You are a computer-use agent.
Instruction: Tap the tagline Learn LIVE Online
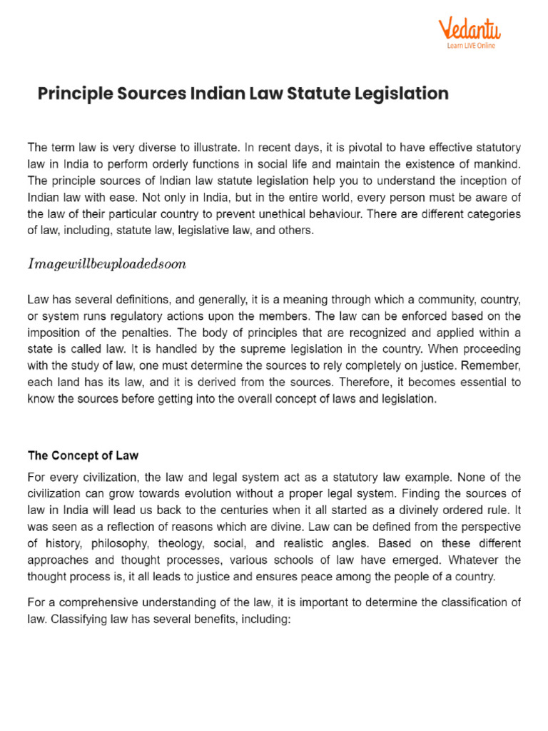point(471,46)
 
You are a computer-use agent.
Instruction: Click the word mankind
point(498,164)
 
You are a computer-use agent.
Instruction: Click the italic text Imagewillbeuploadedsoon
point(107,263)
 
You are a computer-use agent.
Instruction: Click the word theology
point(181,543)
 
